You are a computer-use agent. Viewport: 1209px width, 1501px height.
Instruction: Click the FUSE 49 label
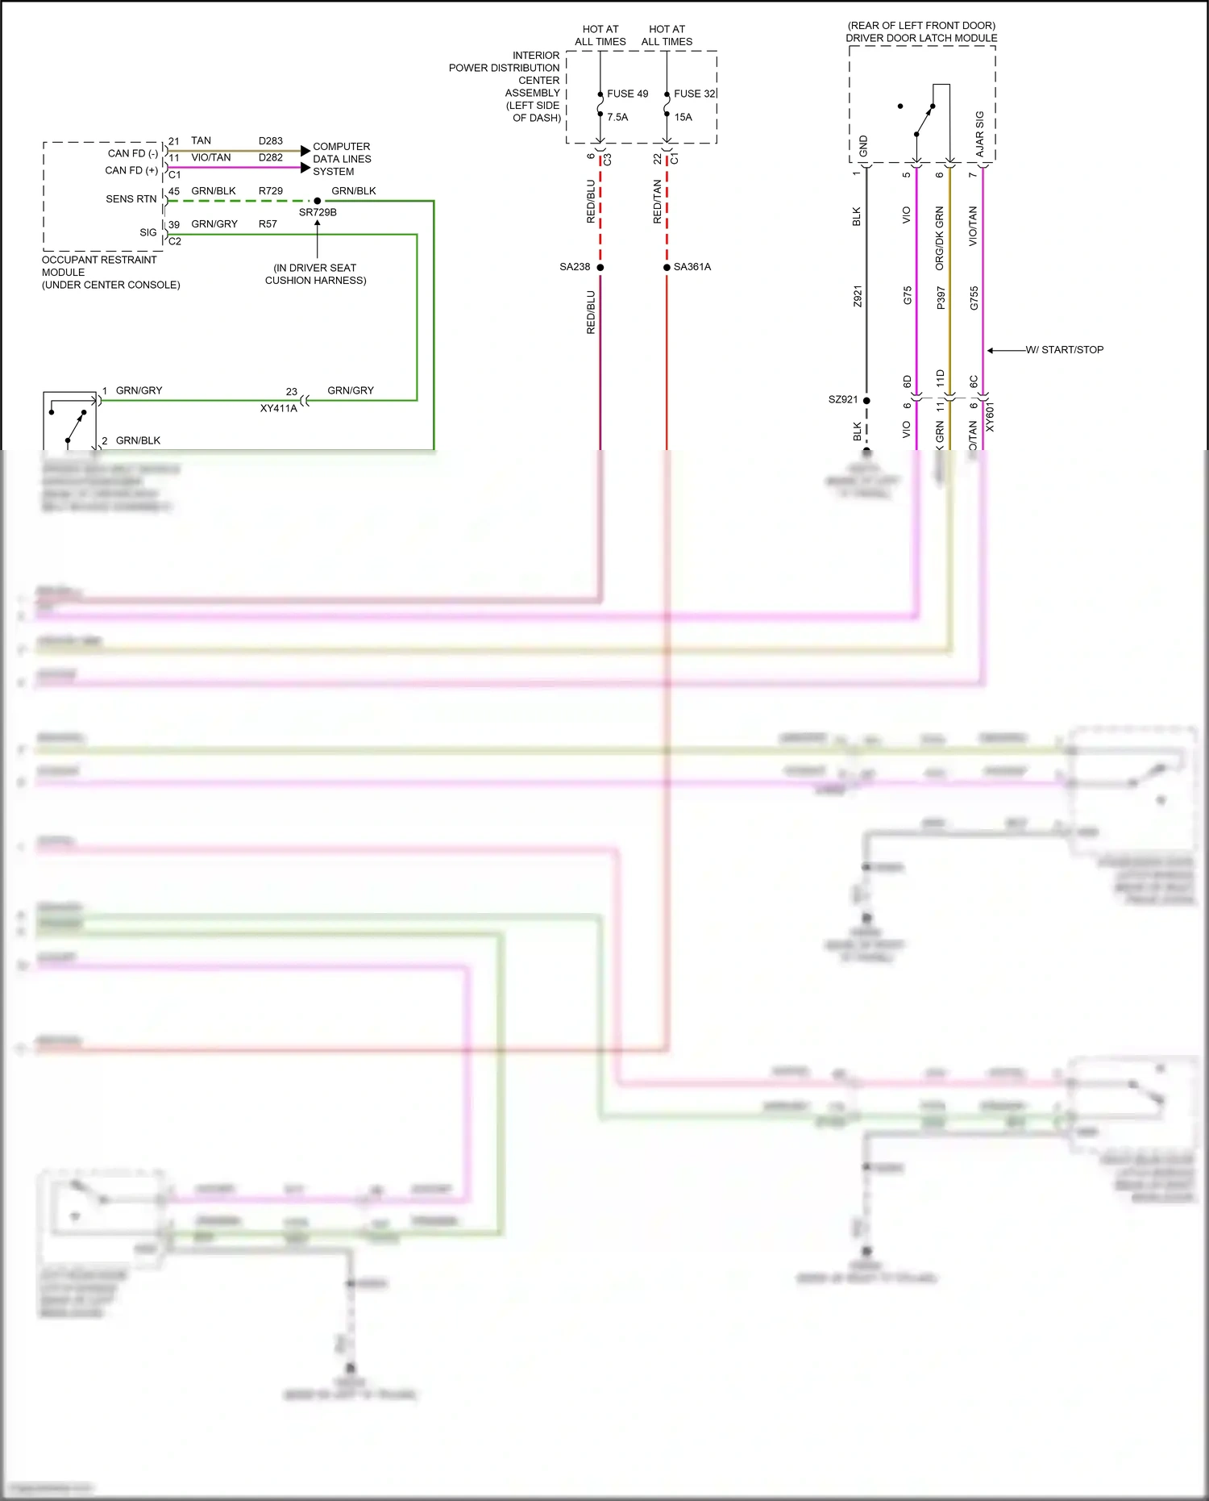point(627,94)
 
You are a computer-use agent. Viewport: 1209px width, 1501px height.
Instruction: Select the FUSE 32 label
point(694,94)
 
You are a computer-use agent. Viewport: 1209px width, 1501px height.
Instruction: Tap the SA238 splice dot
point(600,267)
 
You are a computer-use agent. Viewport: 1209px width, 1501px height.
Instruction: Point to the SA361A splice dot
point(667,267)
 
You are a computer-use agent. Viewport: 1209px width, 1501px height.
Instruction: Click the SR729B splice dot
point(318,201)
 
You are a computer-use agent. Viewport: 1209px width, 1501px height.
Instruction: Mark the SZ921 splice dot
point(866,400)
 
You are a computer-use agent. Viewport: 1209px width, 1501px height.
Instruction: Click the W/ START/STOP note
point(1064,350)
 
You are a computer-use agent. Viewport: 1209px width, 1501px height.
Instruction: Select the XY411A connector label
point(278,408)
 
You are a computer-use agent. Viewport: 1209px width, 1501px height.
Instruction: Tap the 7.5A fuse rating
point(617,117)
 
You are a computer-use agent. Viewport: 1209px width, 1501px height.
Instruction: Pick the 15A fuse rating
point(683,117)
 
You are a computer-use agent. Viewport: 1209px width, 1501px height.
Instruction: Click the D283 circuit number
point(271,141)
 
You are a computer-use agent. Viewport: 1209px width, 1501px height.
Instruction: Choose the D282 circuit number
point(271,158)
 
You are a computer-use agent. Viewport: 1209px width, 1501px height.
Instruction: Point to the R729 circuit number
point(271,191)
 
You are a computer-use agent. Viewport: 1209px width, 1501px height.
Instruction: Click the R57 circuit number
point(268,224)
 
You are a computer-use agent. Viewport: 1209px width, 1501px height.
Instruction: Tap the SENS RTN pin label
point(131,199)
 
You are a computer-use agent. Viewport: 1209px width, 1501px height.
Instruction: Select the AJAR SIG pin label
point(980,134)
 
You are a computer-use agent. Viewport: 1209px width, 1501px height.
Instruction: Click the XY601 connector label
point(990,417)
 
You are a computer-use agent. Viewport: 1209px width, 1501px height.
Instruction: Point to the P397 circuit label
point(941,298)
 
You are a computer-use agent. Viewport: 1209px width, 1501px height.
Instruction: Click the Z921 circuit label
point(858,296)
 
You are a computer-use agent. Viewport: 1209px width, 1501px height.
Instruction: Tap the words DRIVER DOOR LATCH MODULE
point(921,38)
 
